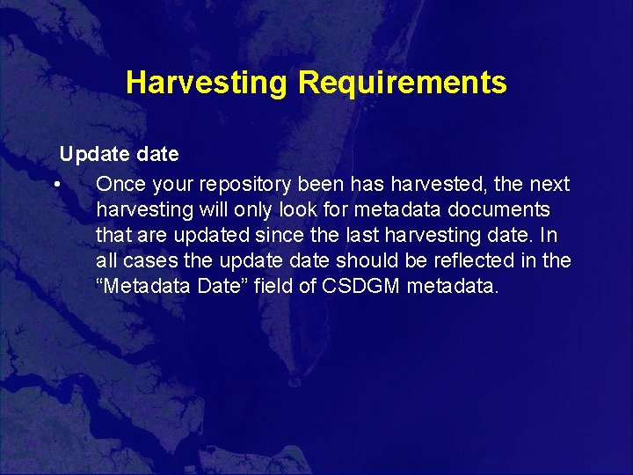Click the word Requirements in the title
click(x=402, y=83)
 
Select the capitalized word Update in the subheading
click(x=89, y=155)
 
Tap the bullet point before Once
click(x=55, y=185)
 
